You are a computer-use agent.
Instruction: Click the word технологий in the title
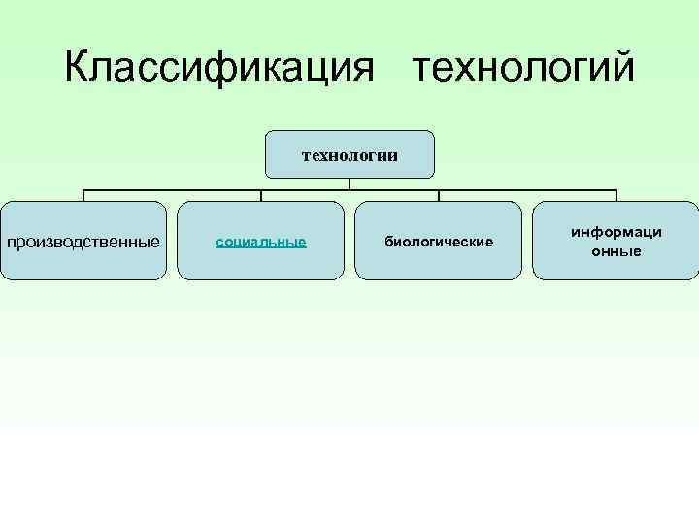tap(523, 68)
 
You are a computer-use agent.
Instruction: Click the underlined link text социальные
tap(260, 241)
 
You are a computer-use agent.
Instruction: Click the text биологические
tap(438, 241)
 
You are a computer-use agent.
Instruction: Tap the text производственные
tap(83, 241)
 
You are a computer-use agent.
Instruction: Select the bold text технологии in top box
tap(349, 154)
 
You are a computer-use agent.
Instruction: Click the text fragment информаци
tap(616, 233)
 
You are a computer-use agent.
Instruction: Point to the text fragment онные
tap(616, 251)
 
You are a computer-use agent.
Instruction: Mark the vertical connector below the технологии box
tap(349, 182)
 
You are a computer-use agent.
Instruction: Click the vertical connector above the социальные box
tap(260, 194)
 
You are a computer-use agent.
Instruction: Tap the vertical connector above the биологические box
tap(438, 194)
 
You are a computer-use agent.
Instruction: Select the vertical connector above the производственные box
tap(83, 194)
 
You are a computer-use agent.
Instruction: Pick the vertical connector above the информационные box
tap(616, 194)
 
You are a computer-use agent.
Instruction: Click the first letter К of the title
tap(78, 68)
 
